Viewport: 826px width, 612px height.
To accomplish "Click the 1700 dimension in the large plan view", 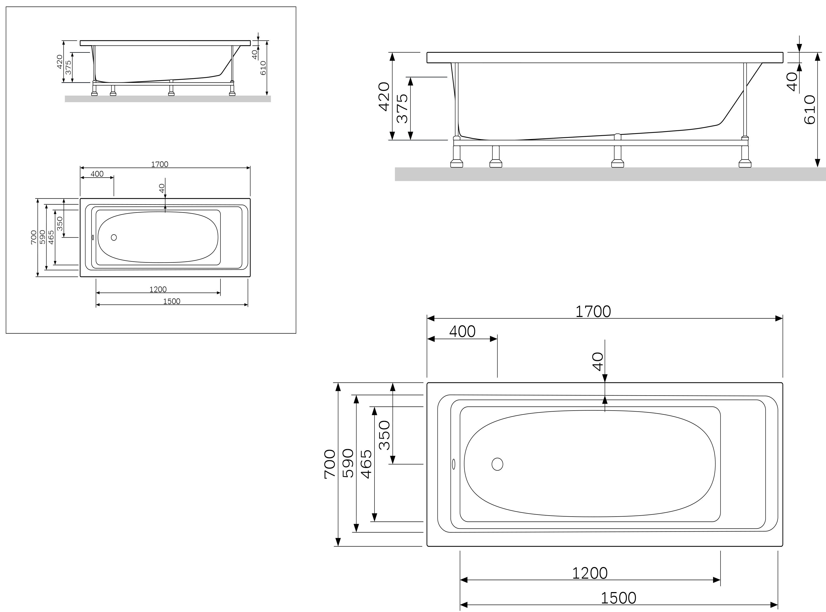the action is tap(593, 312).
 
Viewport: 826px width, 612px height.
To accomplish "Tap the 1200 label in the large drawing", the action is tap(590, 573).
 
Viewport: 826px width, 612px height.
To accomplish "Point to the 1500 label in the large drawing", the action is tap(618, 598).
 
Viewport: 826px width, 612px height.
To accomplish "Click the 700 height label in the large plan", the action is tap(330, 464).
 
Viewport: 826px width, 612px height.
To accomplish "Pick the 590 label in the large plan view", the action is tap(348, 463).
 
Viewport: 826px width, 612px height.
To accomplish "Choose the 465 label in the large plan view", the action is tap(366, 464).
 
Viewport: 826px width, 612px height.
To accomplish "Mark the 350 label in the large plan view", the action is tap(385, 435).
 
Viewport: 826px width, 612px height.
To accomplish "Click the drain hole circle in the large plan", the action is tap(497, 464).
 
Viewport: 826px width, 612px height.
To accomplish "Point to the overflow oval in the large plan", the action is tap(454, 464).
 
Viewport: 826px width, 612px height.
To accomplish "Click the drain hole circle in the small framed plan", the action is tap(114, 237).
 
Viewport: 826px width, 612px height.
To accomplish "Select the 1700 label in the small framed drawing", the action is tap(159, 164).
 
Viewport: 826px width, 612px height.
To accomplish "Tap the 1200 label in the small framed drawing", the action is tap(158, 289).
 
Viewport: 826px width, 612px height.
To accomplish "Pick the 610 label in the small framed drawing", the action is tap(263, 68).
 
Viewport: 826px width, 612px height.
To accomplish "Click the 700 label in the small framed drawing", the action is tap(34, 237).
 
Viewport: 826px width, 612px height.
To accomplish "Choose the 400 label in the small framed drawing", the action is tap(97, 174).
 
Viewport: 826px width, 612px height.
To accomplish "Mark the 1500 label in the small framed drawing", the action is tap(172, 301).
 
